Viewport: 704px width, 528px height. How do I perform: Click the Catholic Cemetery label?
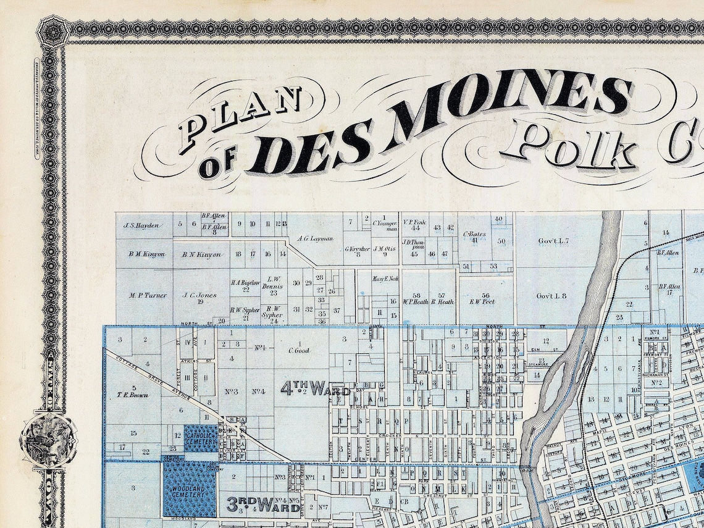click(x=201, y=438)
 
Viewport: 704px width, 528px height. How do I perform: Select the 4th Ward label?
click(x=316, y=388)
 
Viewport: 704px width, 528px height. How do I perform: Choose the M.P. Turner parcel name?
click(x=148, y=295)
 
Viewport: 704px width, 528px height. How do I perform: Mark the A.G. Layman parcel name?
click(x=314, y=238)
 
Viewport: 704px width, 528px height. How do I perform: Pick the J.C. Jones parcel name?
click(x=199, y=295)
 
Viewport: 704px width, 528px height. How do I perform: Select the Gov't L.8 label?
click(x=551, y=296)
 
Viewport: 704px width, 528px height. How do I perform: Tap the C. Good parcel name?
click(x=298, y=350)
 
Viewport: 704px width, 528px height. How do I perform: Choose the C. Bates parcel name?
click(x=474, y=235)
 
